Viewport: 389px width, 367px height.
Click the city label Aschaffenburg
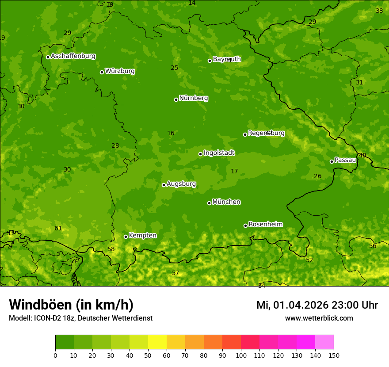pyautogui.click(x=73, y=56)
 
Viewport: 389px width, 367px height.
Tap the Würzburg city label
pyautogui.click(x=120, y=71)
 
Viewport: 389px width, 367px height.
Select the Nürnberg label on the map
pyautogui.click(x=194, y=98)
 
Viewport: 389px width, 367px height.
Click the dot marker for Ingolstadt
pyautogui.click(x=200, y=154)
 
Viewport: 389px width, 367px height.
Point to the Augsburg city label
pyautogui.click(x=181, y=184)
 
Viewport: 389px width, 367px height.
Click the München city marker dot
pyautogui.click(x=209, y=203)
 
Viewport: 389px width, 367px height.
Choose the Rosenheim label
pyautogui.click(x=265, y=224)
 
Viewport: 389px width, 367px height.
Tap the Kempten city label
pyautogui.click(x=142, y=235)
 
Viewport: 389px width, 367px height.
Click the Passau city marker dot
pyautogui.click(x=332, y=161)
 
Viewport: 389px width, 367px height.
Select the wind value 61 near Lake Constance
pyautogui.click(x=58, y=229)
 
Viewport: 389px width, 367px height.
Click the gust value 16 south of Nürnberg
pyautogui.click(x=171, y=134)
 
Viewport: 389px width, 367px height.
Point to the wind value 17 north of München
pyautogui.click(x=234, y=172)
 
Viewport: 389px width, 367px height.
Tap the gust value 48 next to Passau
pyautogui.click(x=362, y=156)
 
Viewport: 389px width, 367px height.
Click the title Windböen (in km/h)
pyautogui.click(x=71, y=305)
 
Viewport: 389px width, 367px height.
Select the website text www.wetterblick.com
pyautogui.click(x=319, y=318)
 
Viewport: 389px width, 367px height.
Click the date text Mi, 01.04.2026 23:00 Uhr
pyautogui.click(x=317, y=305)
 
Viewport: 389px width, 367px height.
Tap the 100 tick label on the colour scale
pyautogui.click(x=241, y=355)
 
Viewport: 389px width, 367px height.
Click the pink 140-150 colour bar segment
pyautogui.click(x=324, y=342)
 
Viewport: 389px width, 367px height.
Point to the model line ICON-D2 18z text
pyautogui.click(x=80, y=318)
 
